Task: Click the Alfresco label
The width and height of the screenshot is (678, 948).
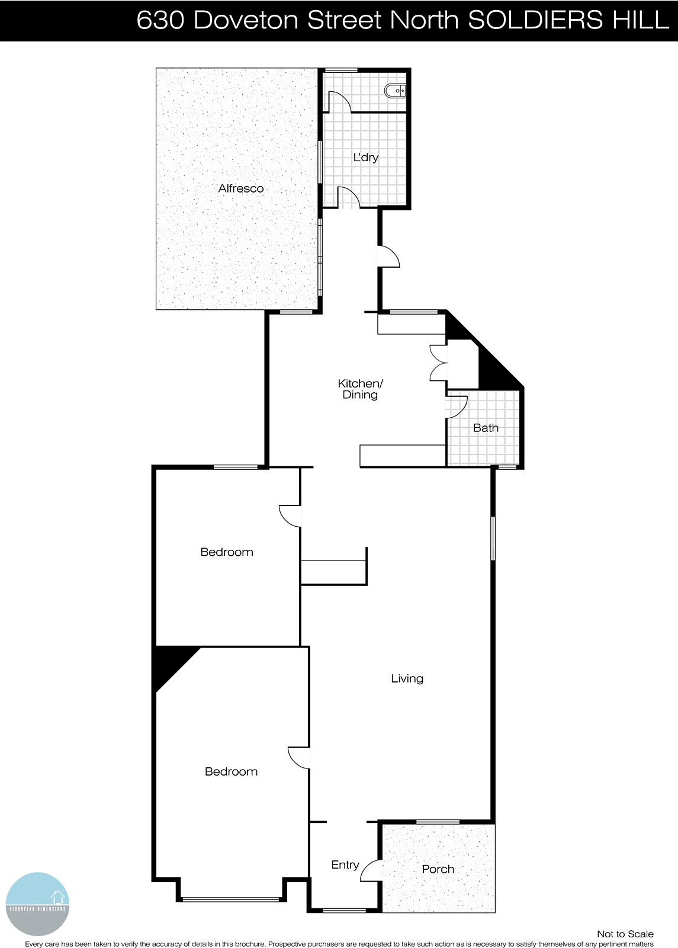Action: pos(240,188)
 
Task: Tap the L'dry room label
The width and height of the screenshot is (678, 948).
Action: pos(365,158)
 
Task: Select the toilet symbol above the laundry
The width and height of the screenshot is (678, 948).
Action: pos(395,91)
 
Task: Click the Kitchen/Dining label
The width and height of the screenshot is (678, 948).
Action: pos(360,389)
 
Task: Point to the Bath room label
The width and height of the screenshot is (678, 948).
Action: pos(486,428)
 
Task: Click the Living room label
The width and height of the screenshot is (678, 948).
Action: pos(407,678)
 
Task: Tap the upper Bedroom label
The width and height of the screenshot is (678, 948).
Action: pos(227,552)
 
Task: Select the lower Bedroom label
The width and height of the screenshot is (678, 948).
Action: pos(231,771)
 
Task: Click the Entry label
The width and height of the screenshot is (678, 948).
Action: pos(345,864)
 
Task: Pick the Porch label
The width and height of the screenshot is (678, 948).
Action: pos(438,869)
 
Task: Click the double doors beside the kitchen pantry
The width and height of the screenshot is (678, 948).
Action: pos(438,362)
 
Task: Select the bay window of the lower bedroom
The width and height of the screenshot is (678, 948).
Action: pos(230,899)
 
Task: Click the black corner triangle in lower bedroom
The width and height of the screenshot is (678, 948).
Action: pos(169,664)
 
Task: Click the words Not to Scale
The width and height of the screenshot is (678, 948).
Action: pos(625,934)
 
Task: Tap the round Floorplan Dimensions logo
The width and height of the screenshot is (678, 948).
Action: pos(38,904)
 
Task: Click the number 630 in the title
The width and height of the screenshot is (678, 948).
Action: pos(160,20)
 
